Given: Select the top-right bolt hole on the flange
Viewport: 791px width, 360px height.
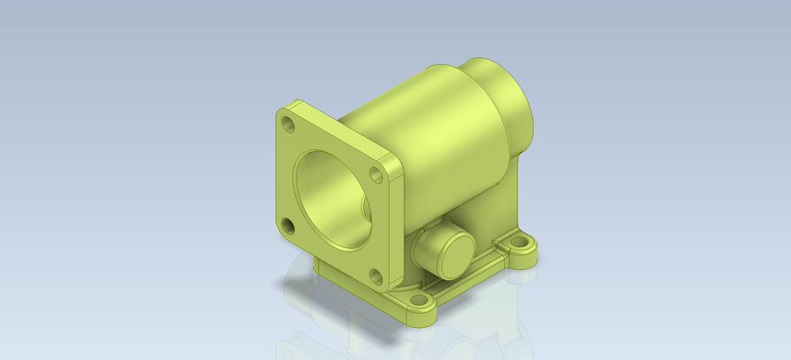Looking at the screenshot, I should [x=376, y=175].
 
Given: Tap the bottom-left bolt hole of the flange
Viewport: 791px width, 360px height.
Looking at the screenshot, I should [x=288, y=225].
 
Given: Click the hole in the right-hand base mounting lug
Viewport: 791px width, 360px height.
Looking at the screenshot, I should [x=521, y=244].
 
